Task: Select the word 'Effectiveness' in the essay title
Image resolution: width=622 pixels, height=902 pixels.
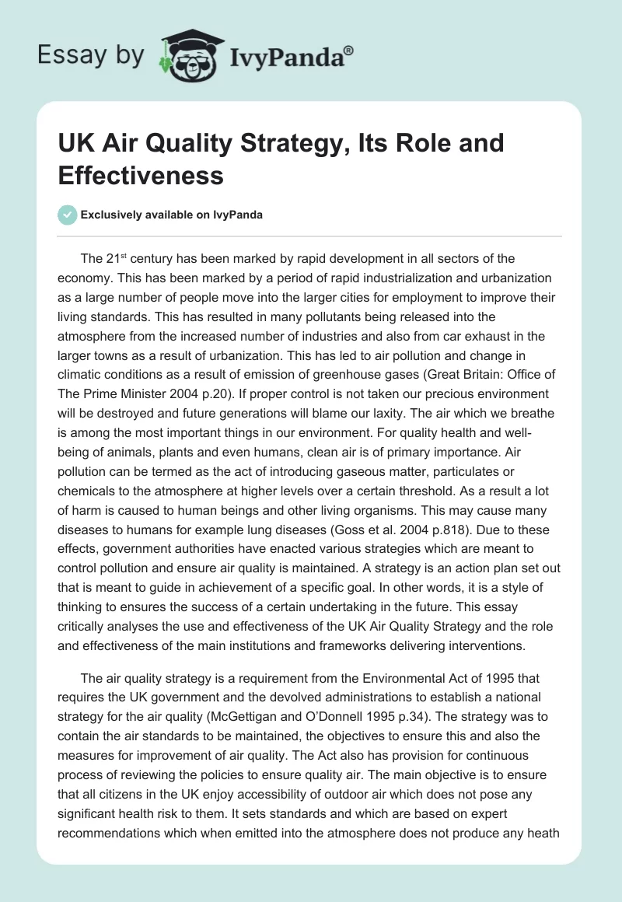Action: point(141,175)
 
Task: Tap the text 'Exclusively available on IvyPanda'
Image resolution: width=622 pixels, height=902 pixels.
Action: point(171,215)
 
